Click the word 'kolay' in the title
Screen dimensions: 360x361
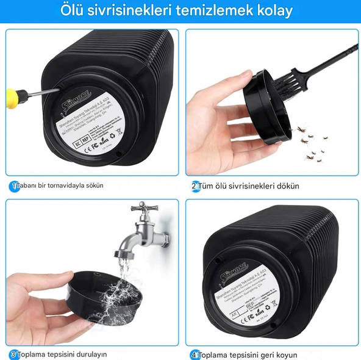click(x=273, y=11)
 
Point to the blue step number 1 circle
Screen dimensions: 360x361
click(x=13, y=185)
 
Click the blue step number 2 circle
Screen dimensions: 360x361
click(x=195, y=185)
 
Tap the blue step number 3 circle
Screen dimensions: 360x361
click(x=13, y=354)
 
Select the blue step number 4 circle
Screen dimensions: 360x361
click(x=195, y=354)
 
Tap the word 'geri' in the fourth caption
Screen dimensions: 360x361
click(x=267, y=354)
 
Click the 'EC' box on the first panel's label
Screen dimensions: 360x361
click(x=60, y=144)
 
